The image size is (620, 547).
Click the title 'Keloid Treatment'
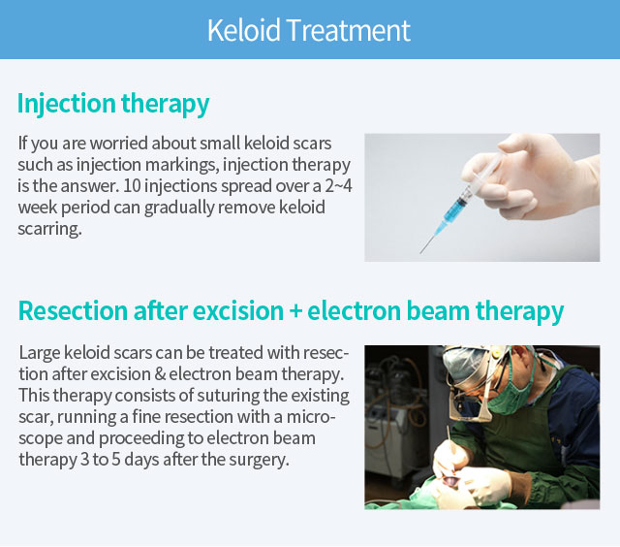pyautogui.click(x=309, y=30)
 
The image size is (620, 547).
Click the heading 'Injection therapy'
pyautogui.click(x=113, y=104)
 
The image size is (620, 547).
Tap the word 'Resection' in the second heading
pyautogui.click(x=73, y=310)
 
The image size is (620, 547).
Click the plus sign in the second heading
pyautogui.click(x=295, y=311)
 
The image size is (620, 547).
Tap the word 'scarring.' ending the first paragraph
pyautogui.click(x=49, y=229)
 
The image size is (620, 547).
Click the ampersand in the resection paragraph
pyautogui.click(x=160, y=374)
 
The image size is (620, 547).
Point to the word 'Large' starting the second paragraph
pyautogui.click(x=39, y=353)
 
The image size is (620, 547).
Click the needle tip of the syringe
pyautogui.click(x=420, y=252)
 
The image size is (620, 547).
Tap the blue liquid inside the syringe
pyautogui.click(x=454, y=209)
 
